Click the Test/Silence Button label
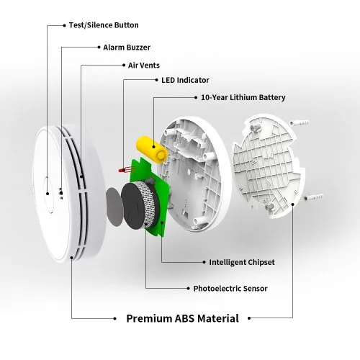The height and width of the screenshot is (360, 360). pyautogui.click(x=104, y=25)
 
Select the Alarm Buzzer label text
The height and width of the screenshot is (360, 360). pyautogui.click(x=127, y=48)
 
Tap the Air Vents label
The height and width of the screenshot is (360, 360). pyautogui.click(x=144, y=66)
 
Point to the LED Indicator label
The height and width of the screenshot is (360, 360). pyautogui.click(x=185, y=80)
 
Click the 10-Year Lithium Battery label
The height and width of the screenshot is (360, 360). pyautogui.click(x=243, y=97)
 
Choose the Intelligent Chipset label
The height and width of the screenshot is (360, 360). pyautogui.click(x=242, y=262)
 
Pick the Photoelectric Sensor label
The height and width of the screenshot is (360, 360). pyautogui.click(x=230, y=289)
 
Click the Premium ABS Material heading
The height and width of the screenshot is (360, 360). pyautogui.click(x=182, y=318)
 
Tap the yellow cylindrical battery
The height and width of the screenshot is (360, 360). pyautogui.click(x=152, y=148)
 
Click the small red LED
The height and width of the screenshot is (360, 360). pyautogui.click(x=122, y=171)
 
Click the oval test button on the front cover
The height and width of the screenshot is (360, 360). pyautogui.click(x=49, y=194)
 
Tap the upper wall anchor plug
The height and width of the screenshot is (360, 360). pyautogui.click(x=299, y=122)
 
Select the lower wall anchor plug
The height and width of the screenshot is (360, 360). pyautogui.click(x=313, y=197)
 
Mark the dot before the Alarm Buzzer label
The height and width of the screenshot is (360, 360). pyautogui.click(x=99, y=48)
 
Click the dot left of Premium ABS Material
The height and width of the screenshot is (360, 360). pyautogui.click(x=114, y=319)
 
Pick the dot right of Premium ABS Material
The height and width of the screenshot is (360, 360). pyautogui.click(x=249, y=318)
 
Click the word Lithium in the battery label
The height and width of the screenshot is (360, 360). pyautogui.click(x=243, y=97)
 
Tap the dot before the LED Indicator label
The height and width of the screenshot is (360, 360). pyautogui.click(x=157, y=80)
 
